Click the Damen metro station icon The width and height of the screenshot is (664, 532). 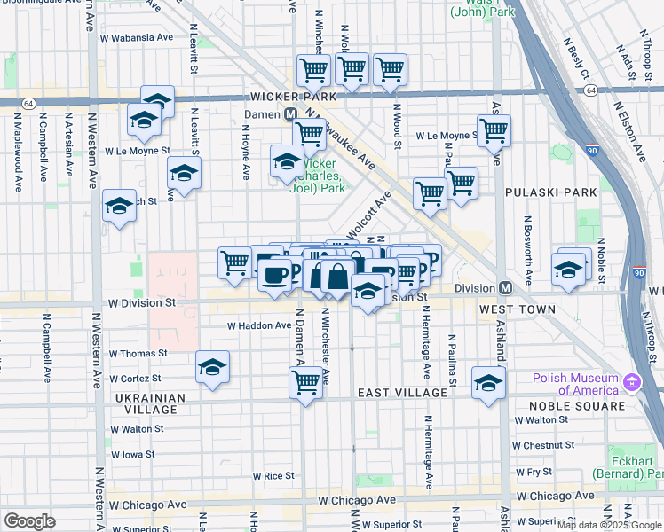click(x=290, y=115)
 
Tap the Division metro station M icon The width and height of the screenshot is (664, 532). click(x=504, y=288)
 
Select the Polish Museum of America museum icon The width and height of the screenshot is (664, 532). click(x=632, y=383)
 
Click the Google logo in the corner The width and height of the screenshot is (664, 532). click(x=29, y=521)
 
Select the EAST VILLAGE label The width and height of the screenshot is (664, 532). click(x=402, y=393)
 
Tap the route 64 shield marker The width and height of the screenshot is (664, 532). click(x=28, y=104)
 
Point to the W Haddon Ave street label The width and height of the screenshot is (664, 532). click(x=259, y=326)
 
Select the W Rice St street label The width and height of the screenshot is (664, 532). click(x=273, y=476)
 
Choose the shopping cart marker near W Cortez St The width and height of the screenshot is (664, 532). click(x=306, y=382)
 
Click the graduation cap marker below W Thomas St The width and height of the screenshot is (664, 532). click(x=212, y=367)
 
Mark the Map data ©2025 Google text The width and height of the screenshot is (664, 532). click(x=609, y=525)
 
